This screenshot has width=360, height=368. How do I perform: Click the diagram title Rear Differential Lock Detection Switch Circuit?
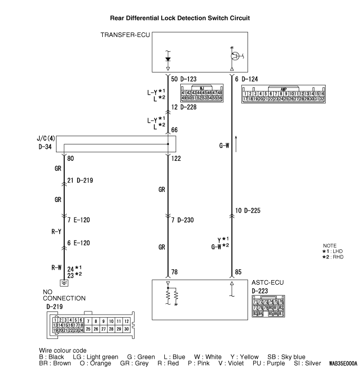(180, 17)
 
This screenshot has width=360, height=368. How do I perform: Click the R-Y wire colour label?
(56, 232)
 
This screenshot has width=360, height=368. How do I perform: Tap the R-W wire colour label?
(56, 268)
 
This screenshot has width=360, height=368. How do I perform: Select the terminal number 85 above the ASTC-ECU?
(238, 272)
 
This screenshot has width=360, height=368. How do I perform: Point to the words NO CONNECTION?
(64, 295)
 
